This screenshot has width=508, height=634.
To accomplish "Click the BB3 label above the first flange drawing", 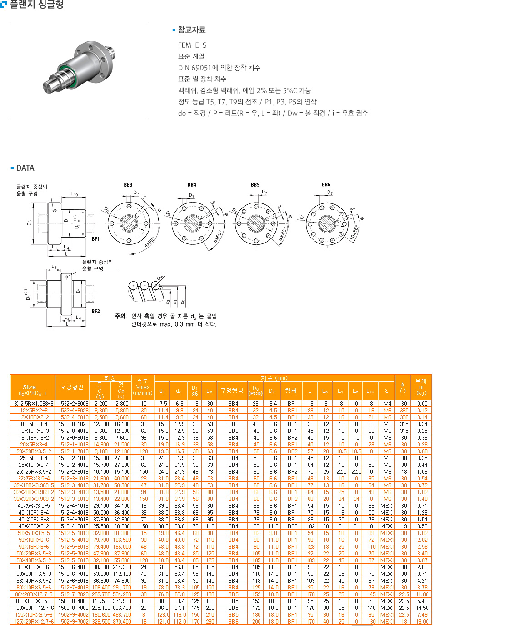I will coord(128,185).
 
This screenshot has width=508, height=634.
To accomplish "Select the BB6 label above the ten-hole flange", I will coord(326,184).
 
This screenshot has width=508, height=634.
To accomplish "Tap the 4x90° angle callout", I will coord(149,242).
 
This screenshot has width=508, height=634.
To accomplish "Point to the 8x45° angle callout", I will coord(283,234).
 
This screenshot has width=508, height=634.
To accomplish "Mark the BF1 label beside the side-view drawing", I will coord(95,239).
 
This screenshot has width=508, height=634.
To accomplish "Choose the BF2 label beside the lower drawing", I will coord(95,312).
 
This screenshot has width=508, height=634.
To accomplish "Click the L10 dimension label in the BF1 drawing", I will coord(74,194).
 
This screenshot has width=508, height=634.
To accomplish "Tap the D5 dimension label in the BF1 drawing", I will coord(30,223).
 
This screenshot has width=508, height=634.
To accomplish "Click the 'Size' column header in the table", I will coord(29,387).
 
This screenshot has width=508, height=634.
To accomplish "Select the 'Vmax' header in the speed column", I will coord(143,387).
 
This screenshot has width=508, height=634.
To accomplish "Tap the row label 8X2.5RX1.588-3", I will coord(34,403).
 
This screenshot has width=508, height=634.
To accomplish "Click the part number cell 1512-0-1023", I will coord(73,424).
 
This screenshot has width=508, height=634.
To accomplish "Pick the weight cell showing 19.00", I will coord(422,621).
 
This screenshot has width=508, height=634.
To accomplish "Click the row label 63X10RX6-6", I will coord(34,567).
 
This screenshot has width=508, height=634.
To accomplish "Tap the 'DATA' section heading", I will coord(25,168).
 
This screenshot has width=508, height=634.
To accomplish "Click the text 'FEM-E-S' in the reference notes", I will coord(192,45).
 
